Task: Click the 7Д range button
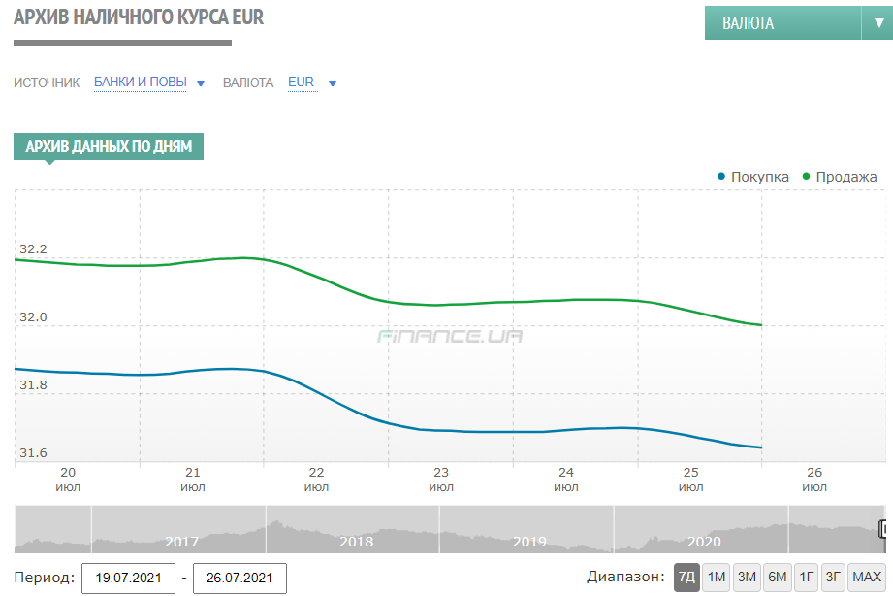pyautogui.click(x=686, y=578)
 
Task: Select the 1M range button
pyautogui.click(x=717, y=578)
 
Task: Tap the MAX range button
pyautogui.click(x=866, y=578)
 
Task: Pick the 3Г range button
pyautogui.click(x=833, y=578)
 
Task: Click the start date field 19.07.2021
pyautogui.click(x=128, y=579)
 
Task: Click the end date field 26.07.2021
pyautogui.click(x=239, y=579)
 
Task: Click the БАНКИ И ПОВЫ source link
pyautogui.click(x=141, y=83)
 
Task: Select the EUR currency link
pyautogui.click(x=302, y=83)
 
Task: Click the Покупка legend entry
pyautogui.click(x=752, y=177)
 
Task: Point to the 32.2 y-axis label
pyautogui.click(x=33, y=250)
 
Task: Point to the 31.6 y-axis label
pyautogui.click(x=33, y=453)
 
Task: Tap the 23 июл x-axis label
pyautogui.click(x=441, y=480)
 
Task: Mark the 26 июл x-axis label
pyautogui.click(x=814, y=480)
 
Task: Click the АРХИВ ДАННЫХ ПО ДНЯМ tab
pyautogui.click(x=108, y=147)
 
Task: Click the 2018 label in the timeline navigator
pyautogui.click(x=356, y=542)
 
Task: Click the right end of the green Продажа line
pyautogui.click(x=761, y=325)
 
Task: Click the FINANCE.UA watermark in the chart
pyautogui.click(x=450, y=336)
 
